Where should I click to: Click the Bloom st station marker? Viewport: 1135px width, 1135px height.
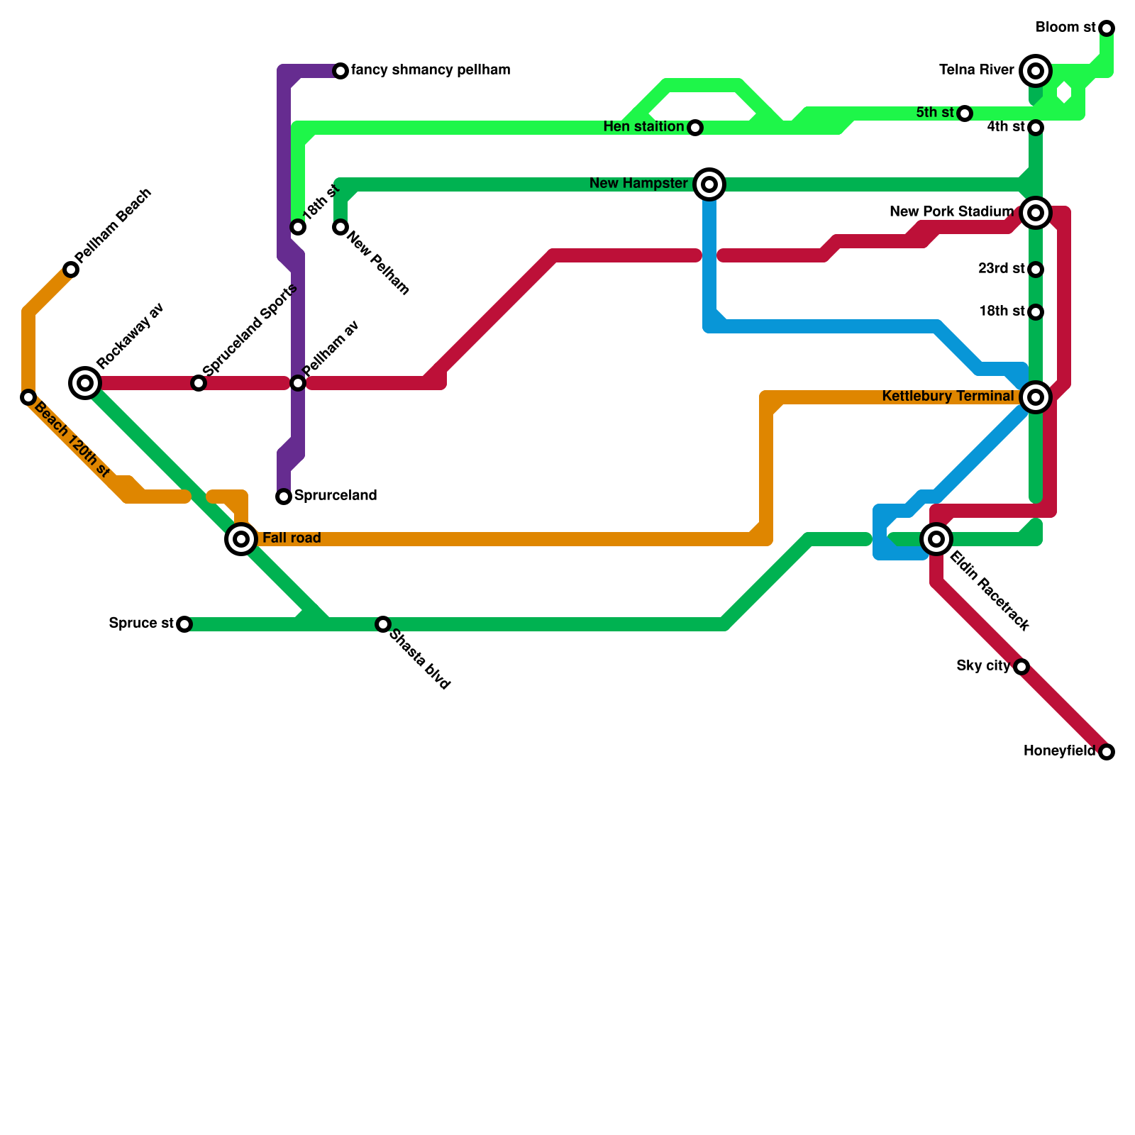[x=1107, y=28]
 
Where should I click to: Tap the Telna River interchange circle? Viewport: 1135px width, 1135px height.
[x=1036, y=71]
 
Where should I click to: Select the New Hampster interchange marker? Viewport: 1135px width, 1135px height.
[x=709, y=184]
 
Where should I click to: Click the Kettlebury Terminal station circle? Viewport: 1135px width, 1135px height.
[x=1036, y=397]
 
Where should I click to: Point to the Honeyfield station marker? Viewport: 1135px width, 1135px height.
[x=1107, y=752]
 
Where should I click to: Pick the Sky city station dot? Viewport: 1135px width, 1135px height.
[x=1021, y=667]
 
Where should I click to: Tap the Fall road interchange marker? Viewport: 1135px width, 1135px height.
[x=241, y=539]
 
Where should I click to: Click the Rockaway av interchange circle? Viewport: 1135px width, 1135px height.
[x=85, y=383]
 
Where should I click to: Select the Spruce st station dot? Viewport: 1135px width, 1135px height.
[x=184, y=624]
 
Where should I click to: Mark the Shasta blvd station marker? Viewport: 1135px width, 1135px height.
[x=383, y=624]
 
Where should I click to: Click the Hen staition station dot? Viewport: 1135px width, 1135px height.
[x=695, y=128]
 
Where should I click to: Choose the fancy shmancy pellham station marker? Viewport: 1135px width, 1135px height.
[x=340, y=71]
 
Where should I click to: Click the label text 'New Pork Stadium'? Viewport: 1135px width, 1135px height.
[x=951, y=211]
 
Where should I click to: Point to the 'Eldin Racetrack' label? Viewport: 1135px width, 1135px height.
[x=989, y=591]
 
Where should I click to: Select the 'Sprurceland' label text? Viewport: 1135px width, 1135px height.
[x=335, y=495]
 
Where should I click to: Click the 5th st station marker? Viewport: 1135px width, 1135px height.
[x=965, y=113]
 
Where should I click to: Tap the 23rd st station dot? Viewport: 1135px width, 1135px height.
[x=1036, y=270]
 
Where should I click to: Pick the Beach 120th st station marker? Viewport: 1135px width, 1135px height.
[x=28, y=397]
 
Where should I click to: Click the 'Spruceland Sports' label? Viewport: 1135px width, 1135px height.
[x=250, y=331]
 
